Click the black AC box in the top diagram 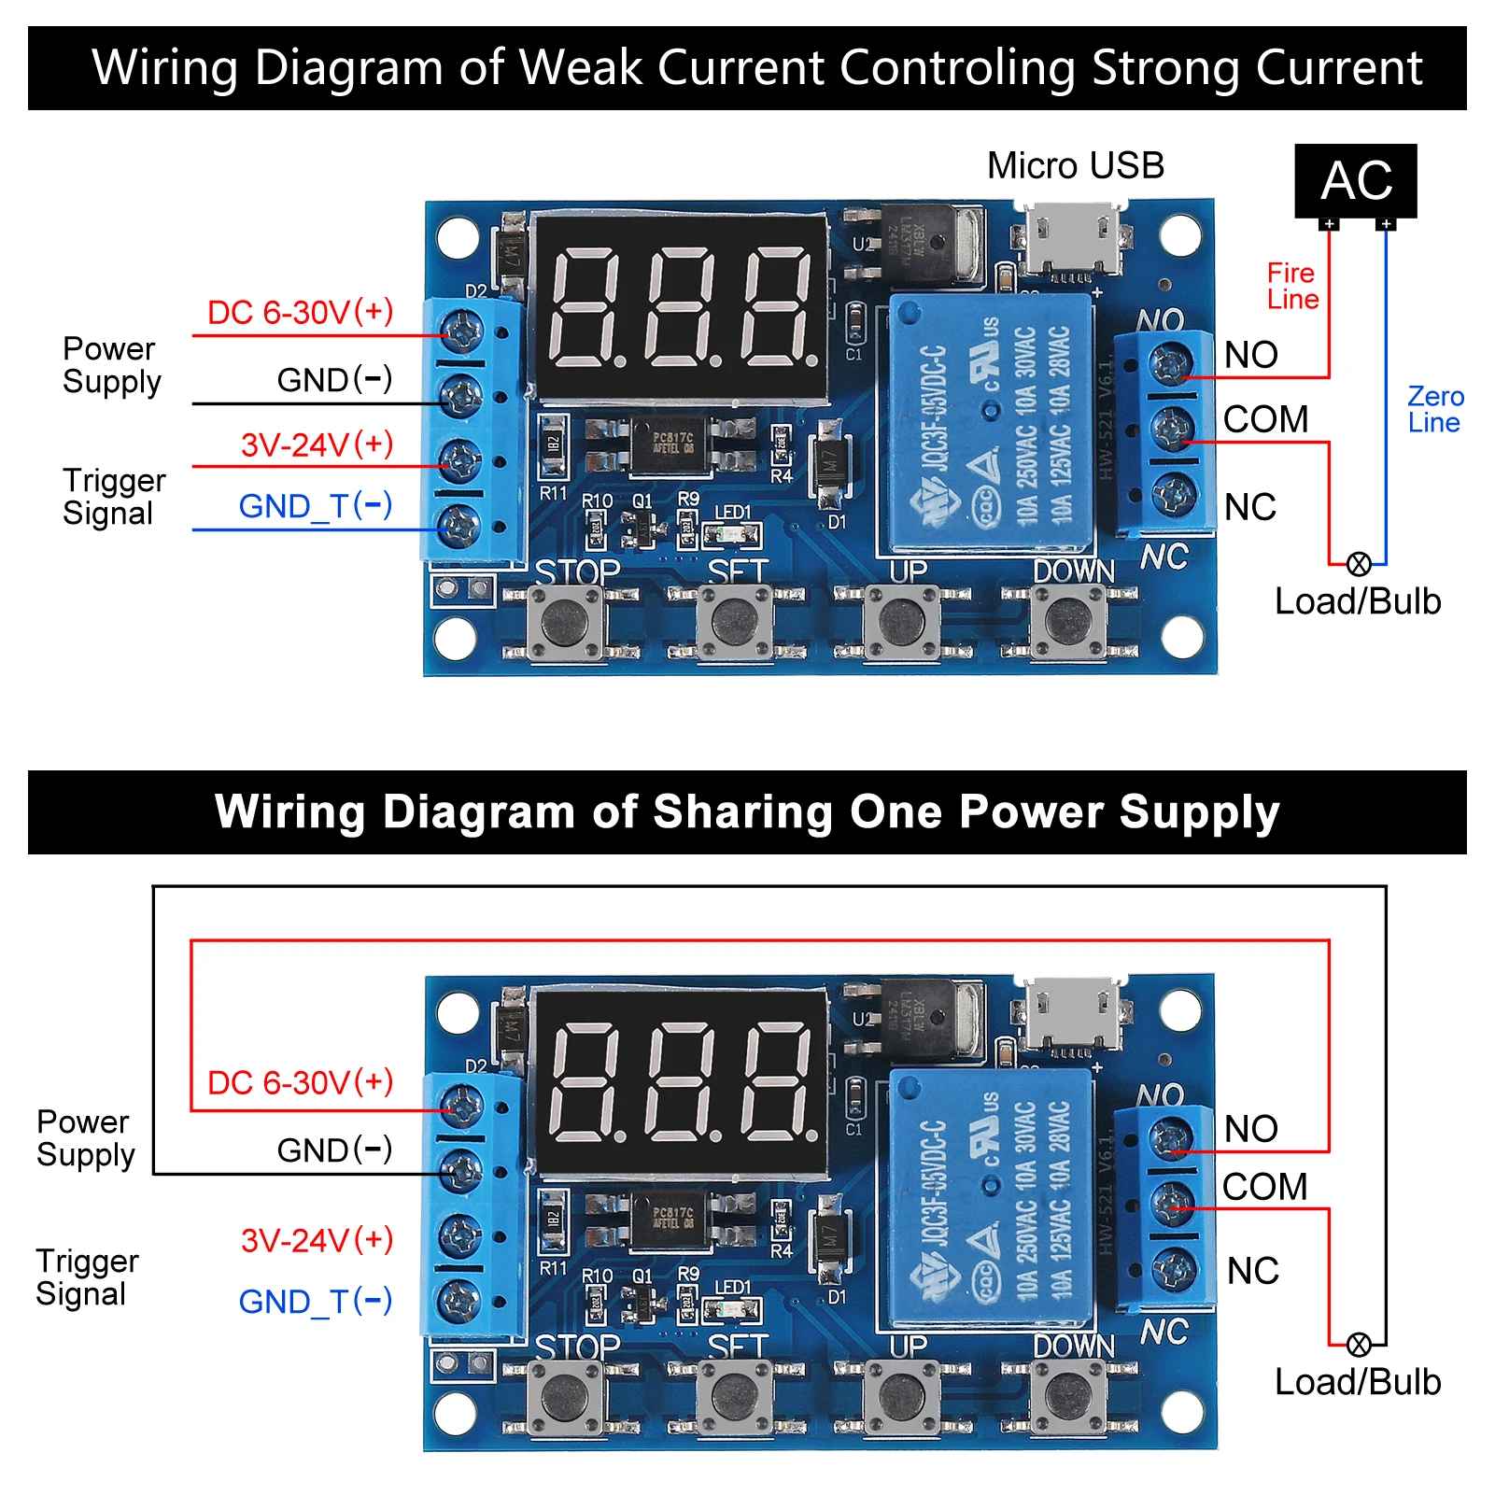(1355, 180)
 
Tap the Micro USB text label (1076, 166)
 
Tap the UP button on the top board (902, 620)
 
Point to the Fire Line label (1292, 286)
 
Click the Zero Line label (1434, 409)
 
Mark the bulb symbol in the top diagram (1359, 564)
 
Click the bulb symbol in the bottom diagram (1359, 1345)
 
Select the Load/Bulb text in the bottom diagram (1357, 1382)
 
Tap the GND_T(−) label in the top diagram (315, 506)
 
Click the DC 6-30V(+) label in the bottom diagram (300, 1082)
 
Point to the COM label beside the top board (1265, 419)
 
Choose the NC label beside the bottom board (1252, 1271)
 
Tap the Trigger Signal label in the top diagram (113, 497)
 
